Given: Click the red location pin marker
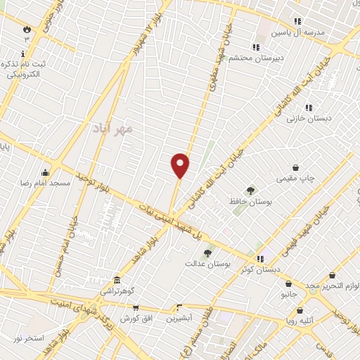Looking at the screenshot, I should [181, 165].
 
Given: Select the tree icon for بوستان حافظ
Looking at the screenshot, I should [250, 191].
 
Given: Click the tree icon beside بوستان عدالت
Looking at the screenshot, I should [207, 253].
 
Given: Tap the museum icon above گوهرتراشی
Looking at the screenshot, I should [115, 280].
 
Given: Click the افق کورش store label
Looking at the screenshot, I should [136, 318].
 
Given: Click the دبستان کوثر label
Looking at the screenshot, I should [260, 269].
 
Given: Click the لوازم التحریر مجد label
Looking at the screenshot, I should [333, 286].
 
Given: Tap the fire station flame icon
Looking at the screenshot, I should [27, 30].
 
